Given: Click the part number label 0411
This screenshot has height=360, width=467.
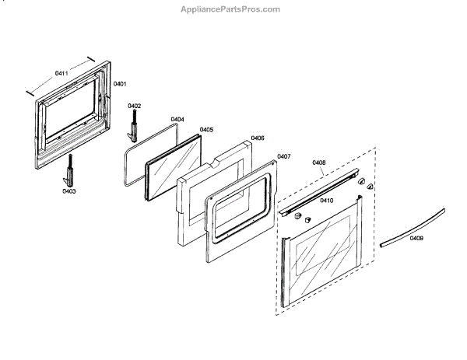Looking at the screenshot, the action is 61,74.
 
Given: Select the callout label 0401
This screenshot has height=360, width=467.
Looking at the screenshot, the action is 120,83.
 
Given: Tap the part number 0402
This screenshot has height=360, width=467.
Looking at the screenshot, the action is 134,106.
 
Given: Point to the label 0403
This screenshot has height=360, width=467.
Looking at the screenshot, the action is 69,190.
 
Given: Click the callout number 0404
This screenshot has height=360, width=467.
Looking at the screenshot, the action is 177,119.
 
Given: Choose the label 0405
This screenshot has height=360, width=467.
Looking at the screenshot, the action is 206,130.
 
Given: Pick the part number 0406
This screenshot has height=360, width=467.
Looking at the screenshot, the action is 258,138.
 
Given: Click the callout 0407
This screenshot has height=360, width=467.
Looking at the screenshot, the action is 283,156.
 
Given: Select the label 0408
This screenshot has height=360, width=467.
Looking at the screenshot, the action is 318,163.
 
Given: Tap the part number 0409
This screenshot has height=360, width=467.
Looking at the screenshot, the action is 417,239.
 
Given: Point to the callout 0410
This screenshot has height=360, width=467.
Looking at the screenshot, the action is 327,200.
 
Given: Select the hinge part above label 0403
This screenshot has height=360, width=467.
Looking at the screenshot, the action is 71,166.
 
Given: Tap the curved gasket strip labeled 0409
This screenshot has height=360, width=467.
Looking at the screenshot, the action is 413,226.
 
